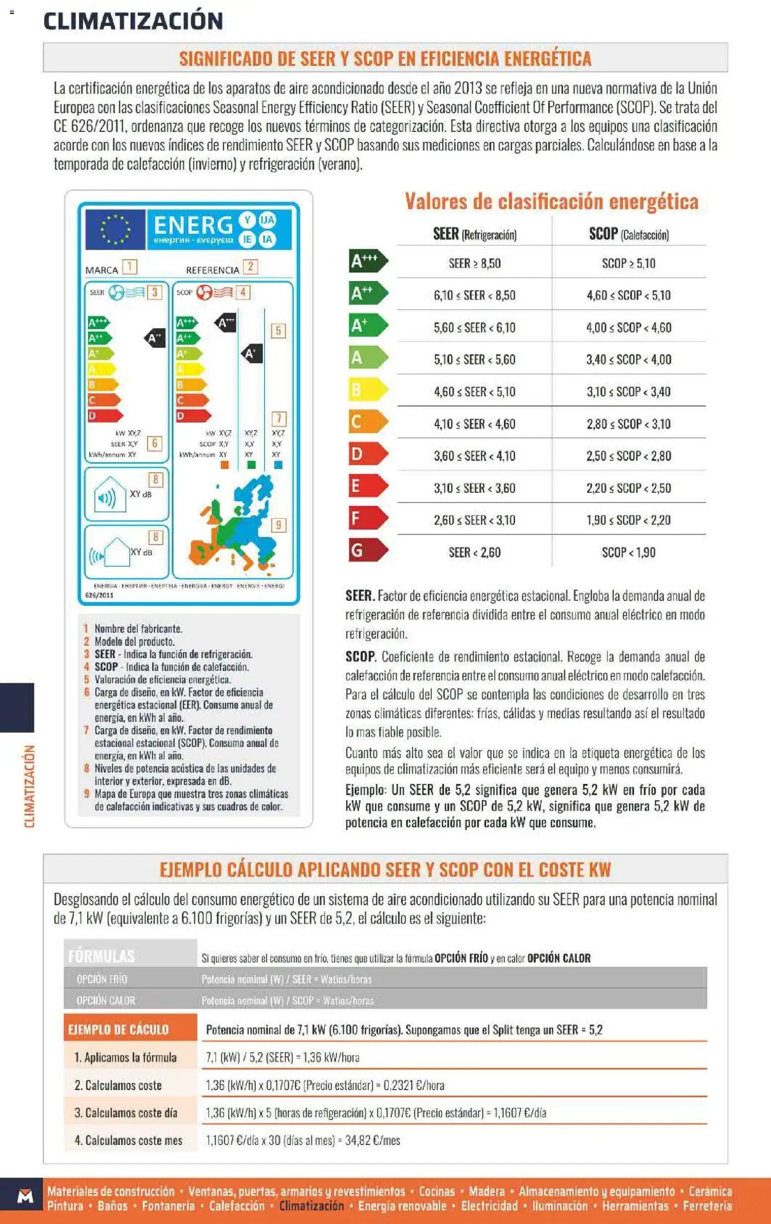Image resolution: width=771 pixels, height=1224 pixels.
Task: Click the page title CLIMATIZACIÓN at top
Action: [x=133, y=21]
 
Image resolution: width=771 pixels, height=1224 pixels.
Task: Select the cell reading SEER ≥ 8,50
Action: [x=474, y=263]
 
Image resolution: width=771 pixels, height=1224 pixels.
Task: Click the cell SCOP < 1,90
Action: [x=628, y=552]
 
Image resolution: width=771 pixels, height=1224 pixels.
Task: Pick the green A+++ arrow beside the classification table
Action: [x=368, y=261]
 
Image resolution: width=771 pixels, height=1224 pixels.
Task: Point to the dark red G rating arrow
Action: [x=368, y=551]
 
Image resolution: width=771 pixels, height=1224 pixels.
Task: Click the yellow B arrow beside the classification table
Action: [x=368, y=390]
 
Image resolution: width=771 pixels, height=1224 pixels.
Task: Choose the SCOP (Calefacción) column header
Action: [x=629, y=234]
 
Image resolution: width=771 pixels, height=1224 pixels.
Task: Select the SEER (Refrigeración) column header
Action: [x=474, y=234]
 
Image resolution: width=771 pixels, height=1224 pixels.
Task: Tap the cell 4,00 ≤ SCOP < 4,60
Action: [x=628, y=327]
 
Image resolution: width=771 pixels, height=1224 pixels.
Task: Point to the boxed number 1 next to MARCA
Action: [x=130, y=267]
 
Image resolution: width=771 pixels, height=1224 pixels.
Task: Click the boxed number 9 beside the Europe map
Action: [x=279, y=525]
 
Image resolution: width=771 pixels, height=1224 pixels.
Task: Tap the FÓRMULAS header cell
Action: [x=101, y=956]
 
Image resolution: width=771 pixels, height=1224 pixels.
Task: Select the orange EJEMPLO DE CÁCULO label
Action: [x=118, y=1030]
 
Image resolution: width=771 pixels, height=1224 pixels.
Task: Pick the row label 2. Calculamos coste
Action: [x=118, y=1085]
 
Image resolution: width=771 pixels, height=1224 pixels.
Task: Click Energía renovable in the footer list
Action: [x=402, y=1206]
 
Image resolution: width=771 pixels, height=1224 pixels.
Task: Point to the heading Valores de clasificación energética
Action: [x=552, y=201]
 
